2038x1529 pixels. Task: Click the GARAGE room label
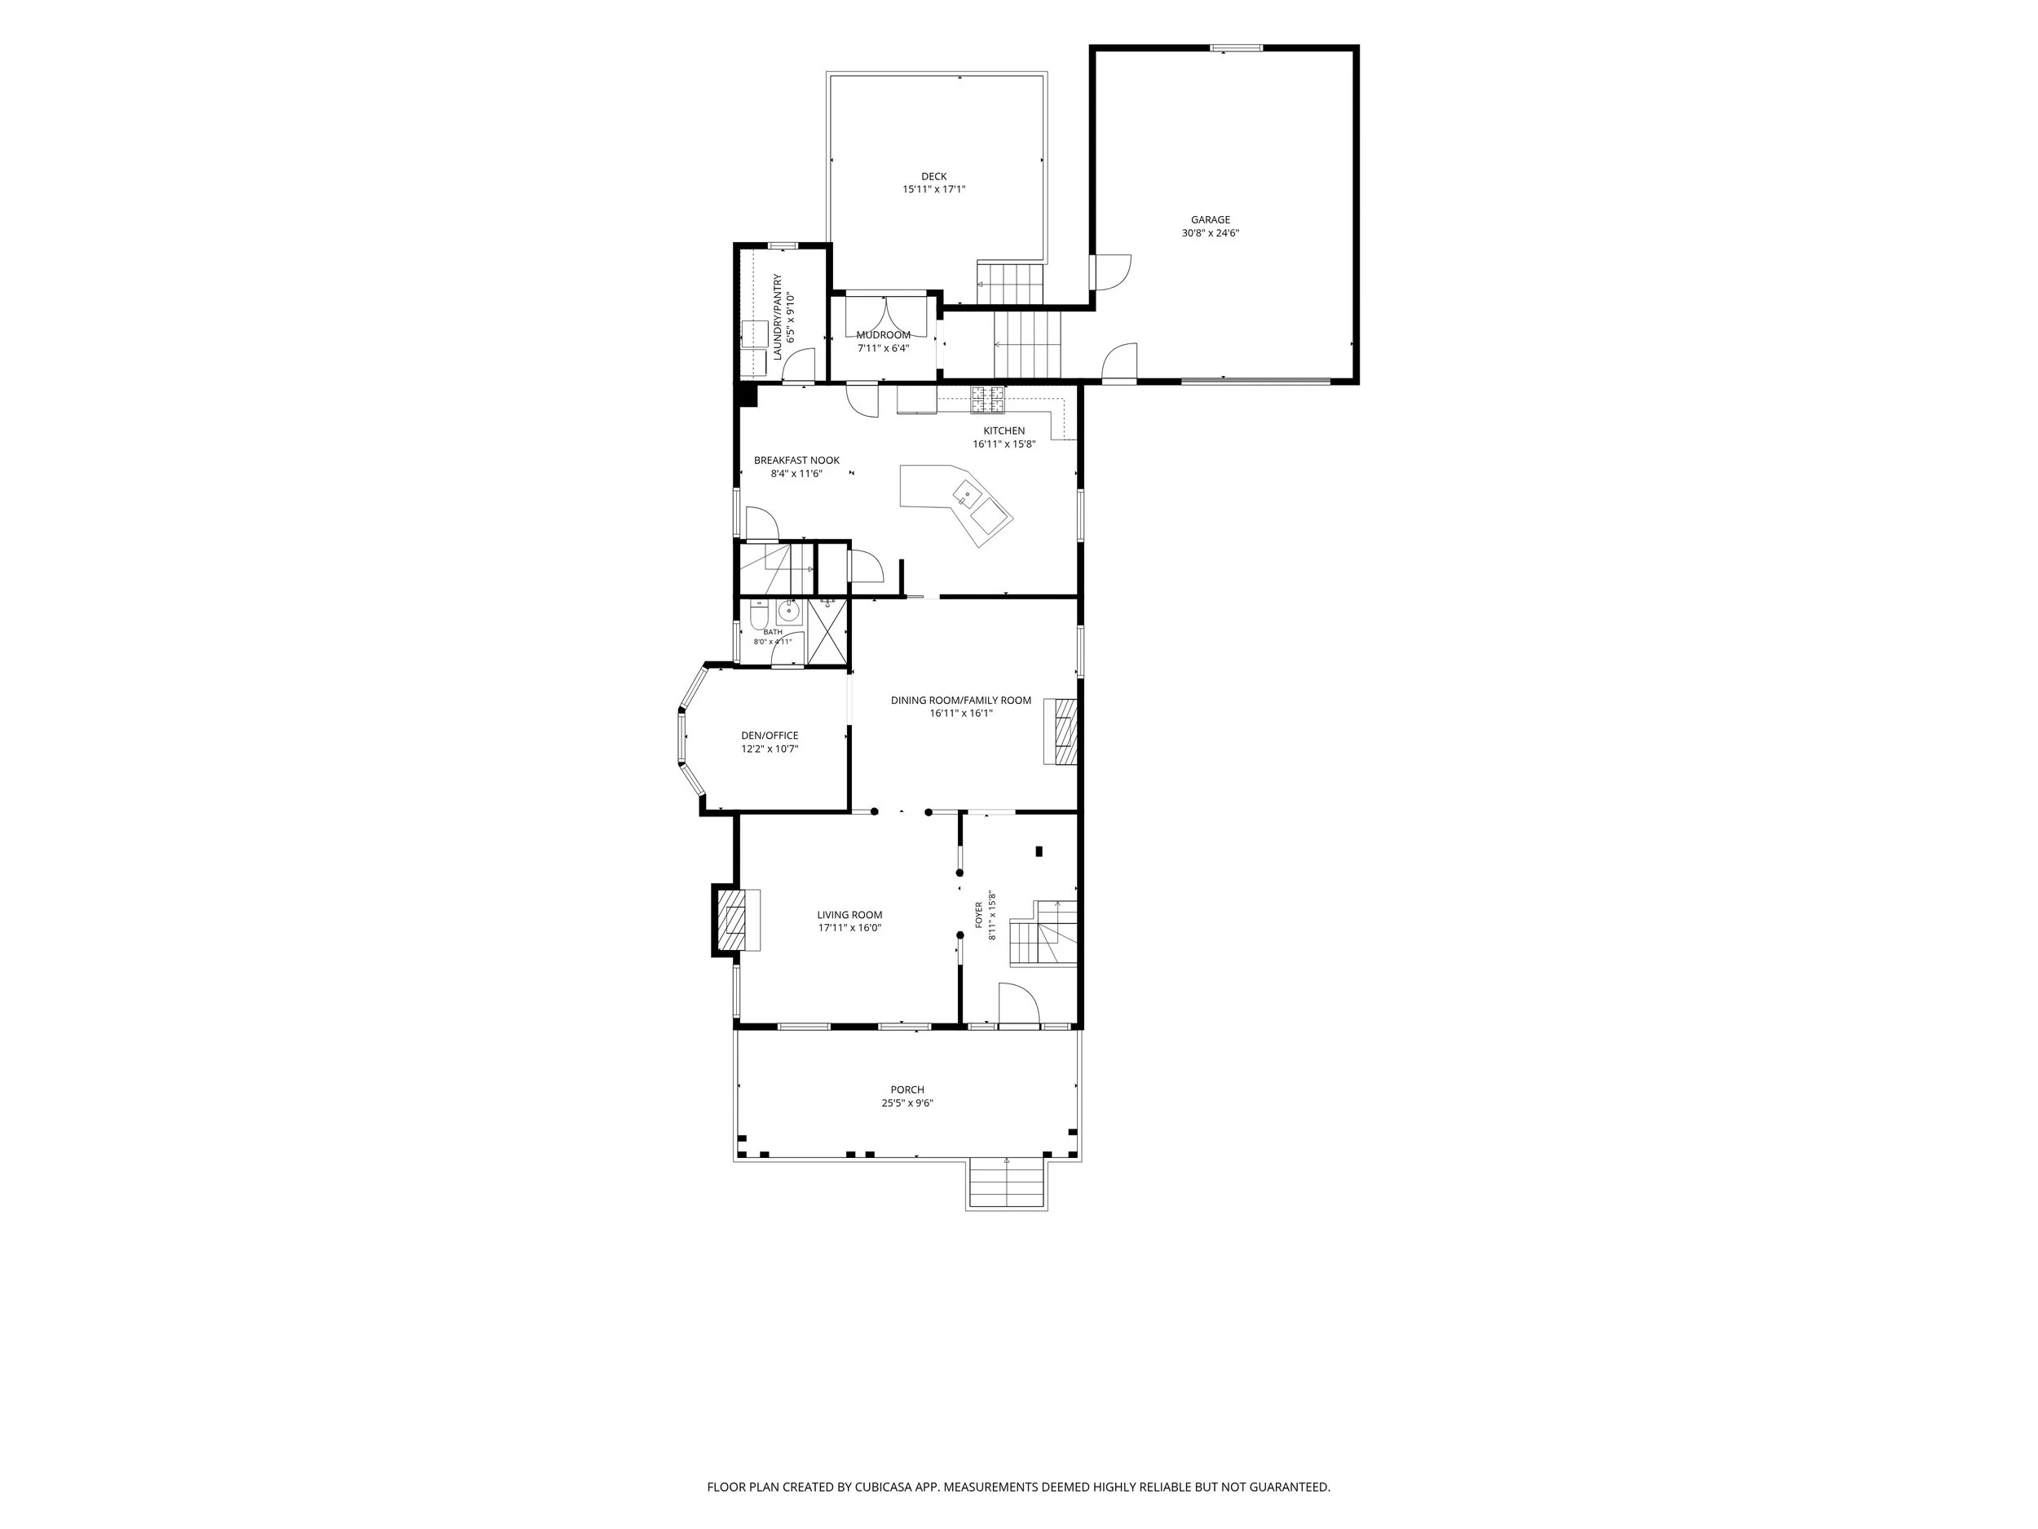pos(1210,220)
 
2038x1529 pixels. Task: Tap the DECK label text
pos(933,177)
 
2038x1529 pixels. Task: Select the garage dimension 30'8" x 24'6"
pos(1210,234)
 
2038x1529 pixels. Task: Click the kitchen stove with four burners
pos(986,399)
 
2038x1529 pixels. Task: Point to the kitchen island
pos(956,505)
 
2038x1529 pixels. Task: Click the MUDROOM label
pos(883,335)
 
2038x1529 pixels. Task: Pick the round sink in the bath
pos(790,610)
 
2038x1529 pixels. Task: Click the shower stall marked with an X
pos(827,631)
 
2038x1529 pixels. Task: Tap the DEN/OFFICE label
pos(770,736)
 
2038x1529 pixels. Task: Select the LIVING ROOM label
pos(849,915)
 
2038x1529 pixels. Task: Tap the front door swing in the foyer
pos(1019,1005)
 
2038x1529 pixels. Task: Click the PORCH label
pos(907,1090)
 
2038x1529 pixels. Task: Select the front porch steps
pos(1006,1184)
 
